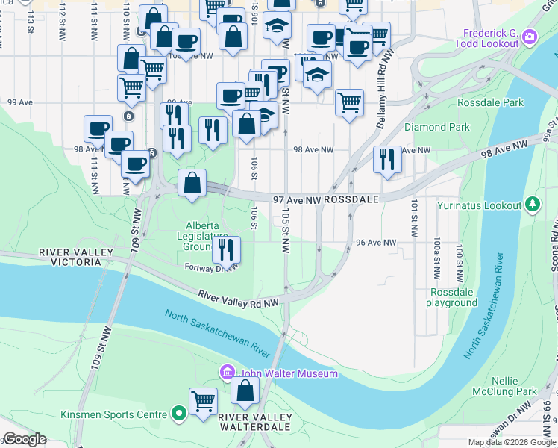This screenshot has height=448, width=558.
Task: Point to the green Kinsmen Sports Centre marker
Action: click(178, 413)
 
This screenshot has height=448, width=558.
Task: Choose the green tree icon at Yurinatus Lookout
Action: click(532, 203)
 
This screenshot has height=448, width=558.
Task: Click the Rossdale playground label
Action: click(451, 297)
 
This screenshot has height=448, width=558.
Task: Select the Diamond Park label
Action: click(437, 127)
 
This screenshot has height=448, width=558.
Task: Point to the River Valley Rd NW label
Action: click(239, 296)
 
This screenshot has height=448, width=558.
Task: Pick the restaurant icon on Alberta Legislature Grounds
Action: click(226, 249)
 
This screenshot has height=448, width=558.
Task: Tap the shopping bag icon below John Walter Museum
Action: click(245, 390)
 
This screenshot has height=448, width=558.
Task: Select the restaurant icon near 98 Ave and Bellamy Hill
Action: click(387, 159)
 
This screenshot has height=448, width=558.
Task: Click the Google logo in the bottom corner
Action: click(25, 439)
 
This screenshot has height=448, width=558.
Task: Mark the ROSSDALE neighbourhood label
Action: click(351, 199)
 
